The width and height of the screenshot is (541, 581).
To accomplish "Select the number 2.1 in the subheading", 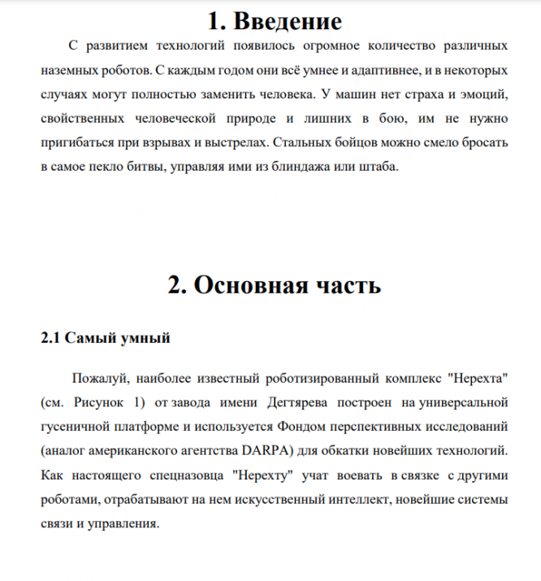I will point(50,337).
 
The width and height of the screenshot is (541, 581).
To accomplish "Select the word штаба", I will point(379,167).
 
